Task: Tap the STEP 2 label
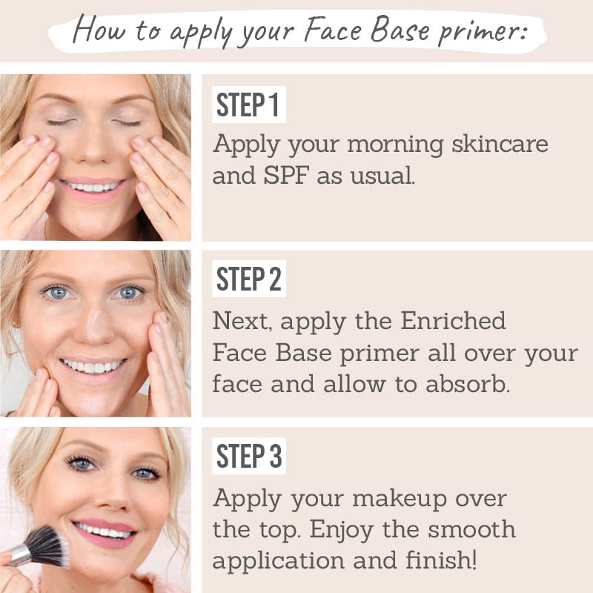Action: [249, 279]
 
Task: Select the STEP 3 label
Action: [249, 457]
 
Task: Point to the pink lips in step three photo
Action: [106, 531]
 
